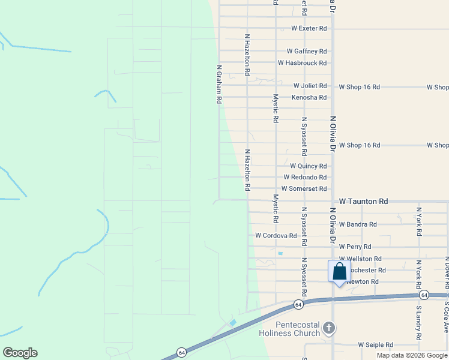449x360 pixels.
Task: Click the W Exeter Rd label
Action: pyautogui.click(x=309, y=28)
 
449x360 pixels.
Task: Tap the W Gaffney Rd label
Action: pyautogui.click(x=307, y=52)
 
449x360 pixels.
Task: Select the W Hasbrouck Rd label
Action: pyautogui.click(x=303, y=63)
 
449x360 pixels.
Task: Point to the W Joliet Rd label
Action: pyautogui.click(x=310, y=86)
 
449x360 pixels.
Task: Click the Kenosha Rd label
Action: pyautogui.click(x=309, y=97)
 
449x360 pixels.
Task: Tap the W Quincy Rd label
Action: pyautogui.click(x=309, y=166)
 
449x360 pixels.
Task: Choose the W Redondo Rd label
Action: pyautogui.click(x=305, y=178)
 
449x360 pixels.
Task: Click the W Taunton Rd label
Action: pyautogui.click(x=364, y=202)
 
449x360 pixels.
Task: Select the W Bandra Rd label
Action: pyautogui.click(x=358, y=224)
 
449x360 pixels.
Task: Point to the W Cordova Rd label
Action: pyautogui.click(x=276, y=236)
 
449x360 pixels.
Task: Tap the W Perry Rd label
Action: pyautogui.click(x=355, y=247)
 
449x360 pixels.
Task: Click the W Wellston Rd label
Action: pyautogui.click(x=360, y=259)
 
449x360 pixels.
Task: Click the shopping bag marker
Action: pyautogui.click(x=339, y=271)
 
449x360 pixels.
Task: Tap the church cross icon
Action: pyautogui.click(x=328, y=328)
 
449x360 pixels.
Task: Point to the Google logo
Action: pyautogui.click(x=20, y=353)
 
